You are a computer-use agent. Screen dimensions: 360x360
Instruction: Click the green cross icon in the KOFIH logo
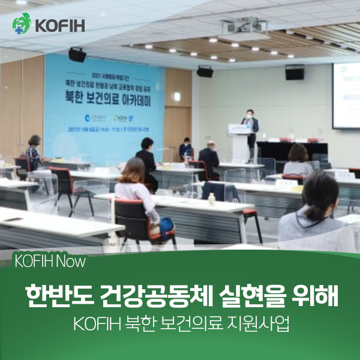(x=22, y=25)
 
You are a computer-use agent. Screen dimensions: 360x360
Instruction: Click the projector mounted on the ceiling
(x=235, y=27)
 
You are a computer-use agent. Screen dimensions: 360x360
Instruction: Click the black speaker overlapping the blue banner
(x=77, y=55)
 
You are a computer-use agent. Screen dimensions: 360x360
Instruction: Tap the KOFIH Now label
(x=49, y=262)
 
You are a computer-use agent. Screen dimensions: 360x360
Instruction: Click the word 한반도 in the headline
(x=53, y=296)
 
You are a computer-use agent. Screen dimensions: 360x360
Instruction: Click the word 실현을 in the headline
(x=243, y=296)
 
